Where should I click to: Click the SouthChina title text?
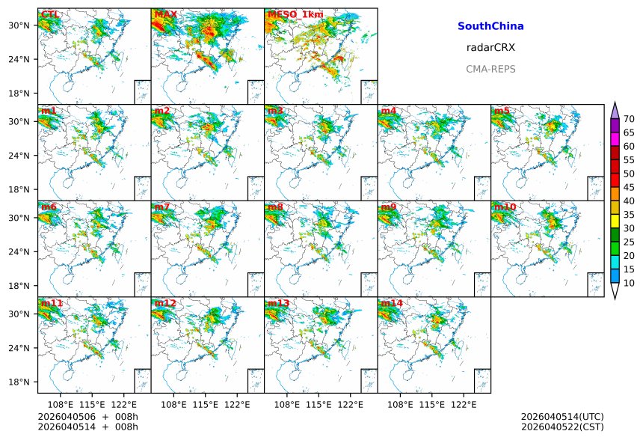(x=490, y=26)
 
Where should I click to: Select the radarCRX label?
(x=490, y=47)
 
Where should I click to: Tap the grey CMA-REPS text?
(x=490, y=69)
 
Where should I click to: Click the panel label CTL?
(x=51, y=14)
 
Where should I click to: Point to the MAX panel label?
(x=165, y=14)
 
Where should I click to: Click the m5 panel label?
(x=502, y=111)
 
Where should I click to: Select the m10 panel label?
(x=505, y=207)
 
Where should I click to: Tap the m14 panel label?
(x=391, y=303)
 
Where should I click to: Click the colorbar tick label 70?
(x=629, y=119)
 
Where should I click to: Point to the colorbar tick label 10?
(x=629, y=283)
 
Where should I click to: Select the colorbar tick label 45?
(x=629, y=187)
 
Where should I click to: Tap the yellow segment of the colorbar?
(x=615, y=221)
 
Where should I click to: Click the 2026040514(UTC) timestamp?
(x=562, y=416)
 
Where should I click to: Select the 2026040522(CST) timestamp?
(x=562, y=427)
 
